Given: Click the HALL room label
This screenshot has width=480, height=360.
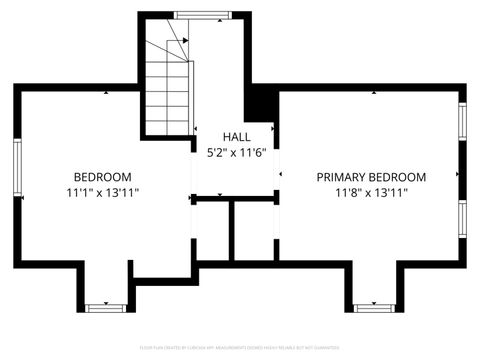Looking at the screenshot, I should click(x=237, y=136).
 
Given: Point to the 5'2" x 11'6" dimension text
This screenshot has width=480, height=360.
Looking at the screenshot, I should click(x=237, y=153).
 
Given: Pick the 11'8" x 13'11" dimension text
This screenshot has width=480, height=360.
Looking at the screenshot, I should click(x=372, y=193).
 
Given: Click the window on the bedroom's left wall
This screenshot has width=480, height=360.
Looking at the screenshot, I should click(x=17, y=168).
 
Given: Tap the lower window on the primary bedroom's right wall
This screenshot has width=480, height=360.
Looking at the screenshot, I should click(x=462, y=217).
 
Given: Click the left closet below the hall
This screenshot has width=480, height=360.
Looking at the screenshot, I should click(x=211, y=231).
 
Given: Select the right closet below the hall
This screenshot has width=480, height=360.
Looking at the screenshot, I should click(x=254, y=231).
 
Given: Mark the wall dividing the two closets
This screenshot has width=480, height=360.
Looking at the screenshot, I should click(x=232, y=231).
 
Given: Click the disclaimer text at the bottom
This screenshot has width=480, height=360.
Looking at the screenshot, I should click(x=239, y=349).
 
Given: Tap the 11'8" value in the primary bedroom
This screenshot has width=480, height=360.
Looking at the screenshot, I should click(x=346, y=193).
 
